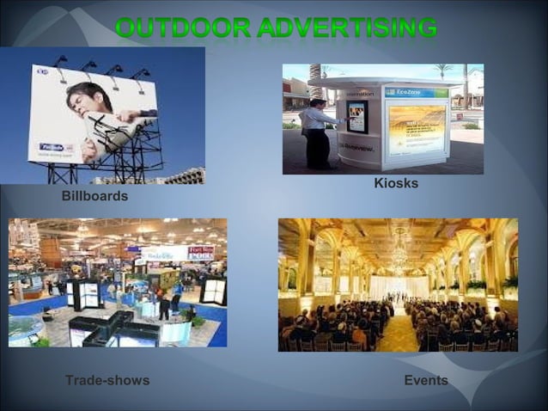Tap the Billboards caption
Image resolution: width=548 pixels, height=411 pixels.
94,197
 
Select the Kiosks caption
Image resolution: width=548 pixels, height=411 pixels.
396,184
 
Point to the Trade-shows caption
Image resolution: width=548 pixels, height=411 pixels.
107,380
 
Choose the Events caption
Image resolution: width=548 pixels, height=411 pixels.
426,380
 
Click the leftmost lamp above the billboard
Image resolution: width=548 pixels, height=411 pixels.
60,60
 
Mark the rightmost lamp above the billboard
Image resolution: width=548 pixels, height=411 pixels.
141,74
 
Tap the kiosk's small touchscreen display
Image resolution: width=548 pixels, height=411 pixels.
356,115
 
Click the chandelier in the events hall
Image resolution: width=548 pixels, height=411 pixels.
399,249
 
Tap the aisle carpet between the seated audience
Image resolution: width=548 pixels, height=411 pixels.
397,331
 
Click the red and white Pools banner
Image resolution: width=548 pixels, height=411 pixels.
200,253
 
